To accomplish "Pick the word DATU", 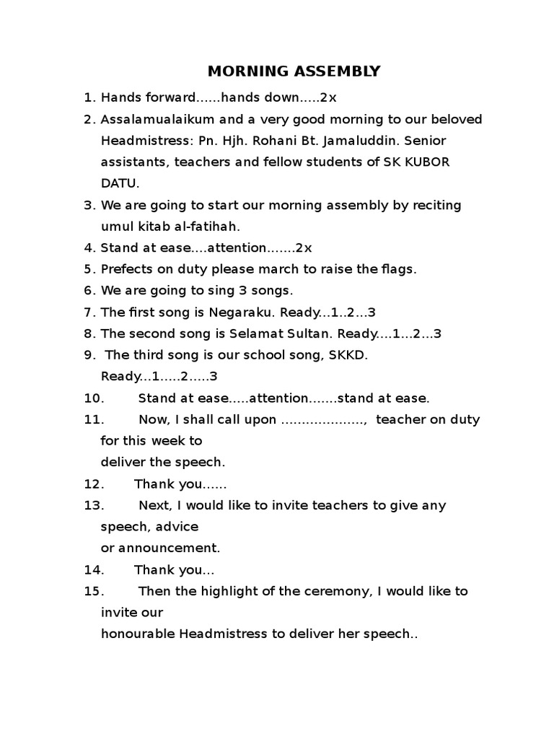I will click(120, 183).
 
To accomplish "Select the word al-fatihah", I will click(189, 227).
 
